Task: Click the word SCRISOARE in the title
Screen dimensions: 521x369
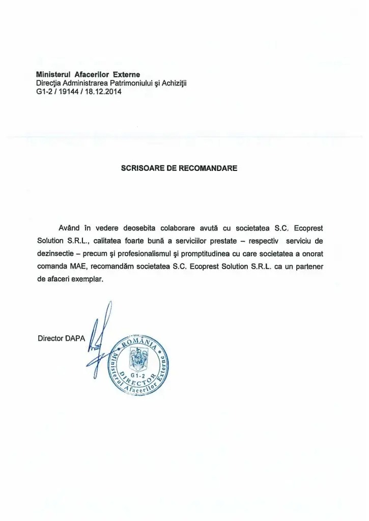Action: pyautogui.click(x=140, y=166)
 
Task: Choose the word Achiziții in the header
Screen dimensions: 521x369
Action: pyautogui.click(x=173, y=83)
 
